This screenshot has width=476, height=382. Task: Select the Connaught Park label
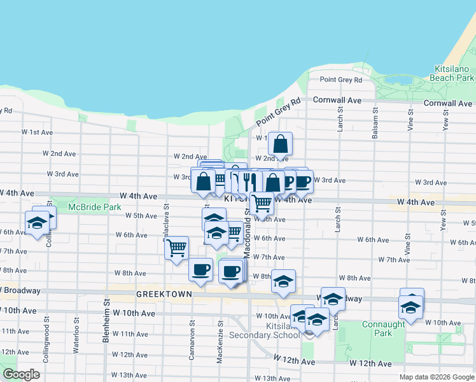(384, 329)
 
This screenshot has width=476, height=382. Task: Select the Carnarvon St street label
(192, 344)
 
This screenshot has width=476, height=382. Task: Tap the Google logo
(22, 374)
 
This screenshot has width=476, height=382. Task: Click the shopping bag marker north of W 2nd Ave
(280, 144)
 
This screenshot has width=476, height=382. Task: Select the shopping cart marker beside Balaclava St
(176, 247)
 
